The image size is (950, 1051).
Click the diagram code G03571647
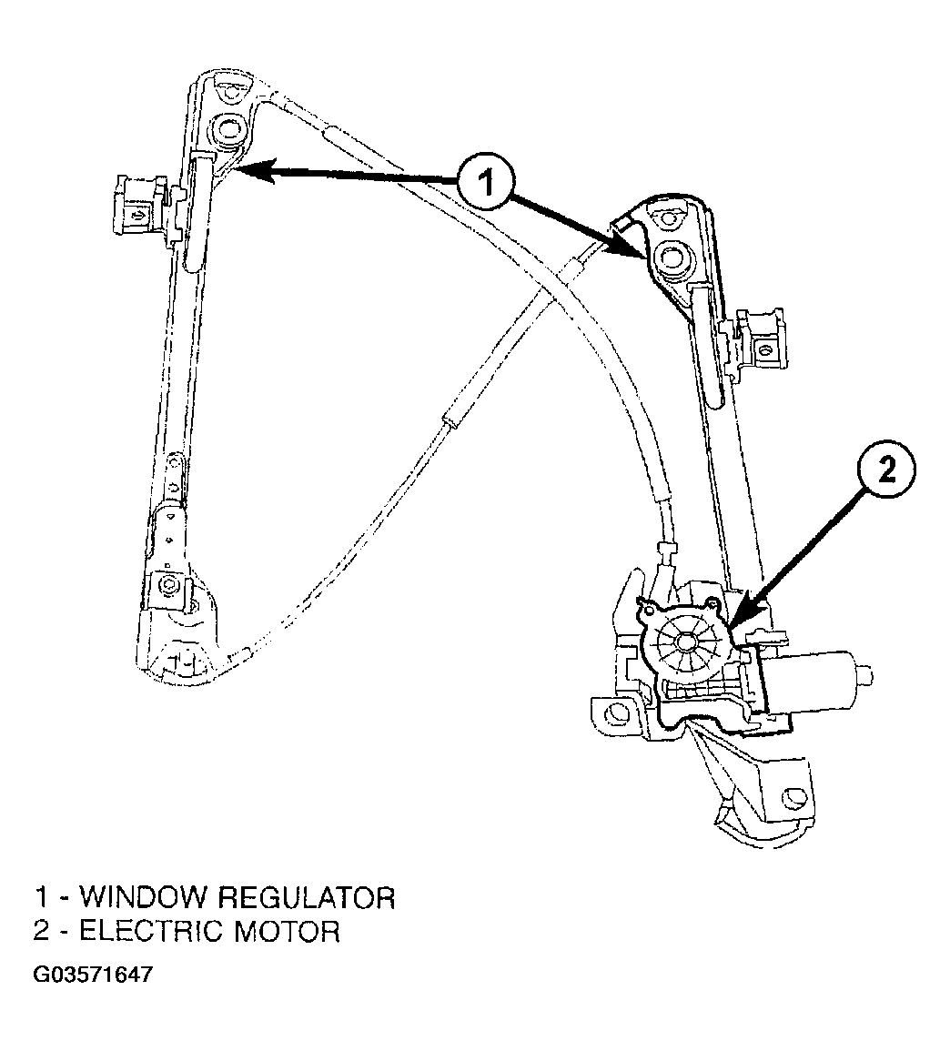coord(93,974)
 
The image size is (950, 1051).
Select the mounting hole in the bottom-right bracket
coord(795,795)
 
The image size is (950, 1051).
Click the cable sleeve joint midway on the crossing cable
coord(450,421)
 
